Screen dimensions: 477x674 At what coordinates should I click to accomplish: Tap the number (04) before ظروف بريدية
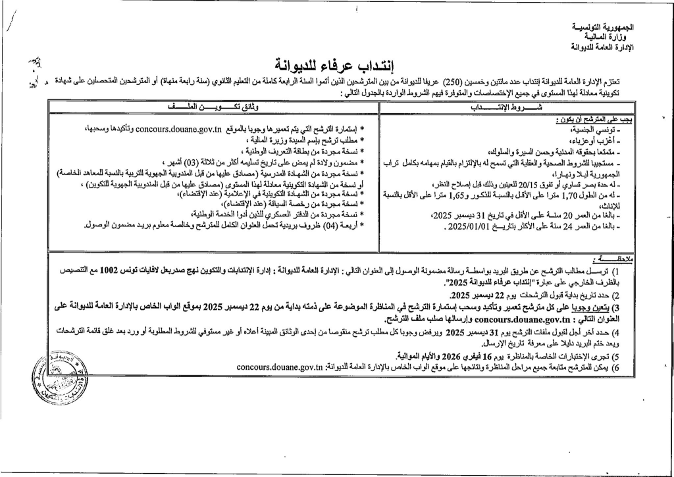[x=330, y=226]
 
